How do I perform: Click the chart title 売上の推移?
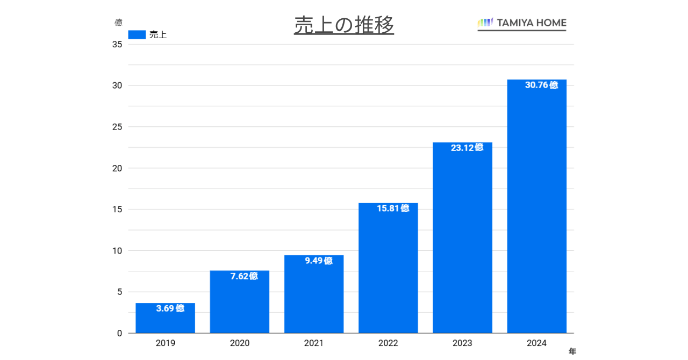pos(343,25)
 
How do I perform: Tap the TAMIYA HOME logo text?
pos(531,23)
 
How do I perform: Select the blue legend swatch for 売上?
pos(137,35)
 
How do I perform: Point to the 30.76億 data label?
pos(541,85)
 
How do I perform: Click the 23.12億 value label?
pos(467,148)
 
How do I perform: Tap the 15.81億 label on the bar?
pos(393,208)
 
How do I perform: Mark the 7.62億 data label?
pos(244,276)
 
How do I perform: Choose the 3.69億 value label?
pos(170,308)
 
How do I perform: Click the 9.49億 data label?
pos(318,261)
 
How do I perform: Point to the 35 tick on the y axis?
pos(117,45)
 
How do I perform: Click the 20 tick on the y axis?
pos(117,168)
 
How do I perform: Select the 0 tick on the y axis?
pos(119,333)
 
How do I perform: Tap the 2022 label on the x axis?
pos(388,343)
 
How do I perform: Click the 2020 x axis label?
pos(240,343)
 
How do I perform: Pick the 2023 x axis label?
pos(462,343)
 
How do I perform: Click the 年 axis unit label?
pos(572,351)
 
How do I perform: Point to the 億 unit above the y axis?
pos(119,23)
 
